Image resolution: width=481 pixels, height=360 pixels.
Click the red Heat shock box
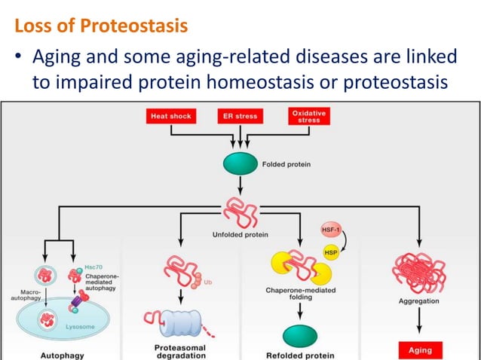171,116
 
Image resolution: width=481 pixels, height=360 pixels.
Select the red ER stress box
240,116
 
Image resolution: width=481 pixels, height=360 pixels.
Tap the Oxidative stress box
309,116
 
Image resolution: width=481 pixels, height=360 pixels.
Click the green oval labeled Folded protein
240,163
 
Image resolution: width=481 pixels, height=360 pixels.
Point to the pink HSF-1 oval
331,230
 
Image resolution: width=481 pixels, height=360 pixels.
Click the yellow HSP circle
331,253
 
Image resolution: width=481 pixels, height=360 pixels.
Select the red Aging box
420,350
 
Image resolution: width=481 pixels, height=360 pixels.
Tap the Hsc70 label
93,267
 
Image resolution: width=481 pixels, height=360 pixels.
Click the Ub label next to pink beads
207,282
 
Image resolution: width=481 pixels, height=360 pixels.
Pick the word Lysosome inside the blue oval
80,327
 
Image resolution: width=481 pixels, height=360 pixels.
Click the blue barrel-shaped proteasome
180,323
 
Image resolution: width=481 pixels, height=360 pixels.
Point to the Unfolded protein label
240,235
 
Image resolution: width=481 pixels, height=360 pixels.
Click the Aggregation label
418,301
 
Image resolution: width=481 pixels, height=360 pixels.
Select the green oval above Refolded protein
300,336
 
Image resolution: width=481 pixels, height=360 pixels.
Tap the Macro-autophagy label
27,295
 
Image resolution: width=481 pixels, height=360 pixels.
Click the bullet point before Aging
18,56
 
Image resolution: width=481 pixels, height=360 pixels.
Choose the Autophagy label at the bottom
63,355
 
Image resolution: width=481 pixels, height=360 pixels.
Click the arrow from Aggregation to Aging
419,320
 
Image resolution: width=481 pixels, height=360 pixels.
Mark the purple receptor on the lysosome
77,301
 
